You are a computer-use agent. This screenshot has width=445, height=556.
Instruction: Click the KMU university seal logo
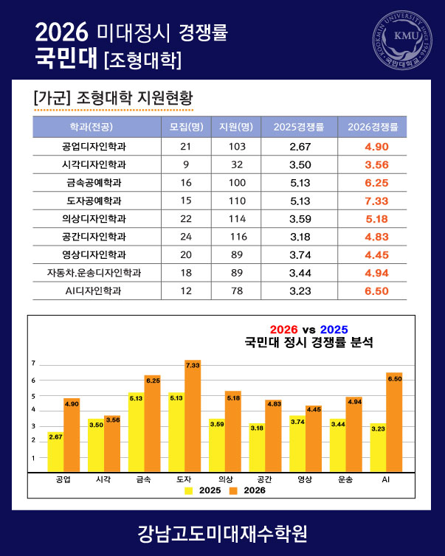pyautogui.click(x=402, y=40)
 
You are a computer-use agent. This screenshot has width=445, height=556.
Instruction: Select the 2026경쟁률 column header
pyautogui.click(x=373, y=127)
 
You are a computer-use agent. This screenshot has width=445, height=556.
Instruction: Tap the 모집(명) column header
pyautogui.click(x=186, y=127)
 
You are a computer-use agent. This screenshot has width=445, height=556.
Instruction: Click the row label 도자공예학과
pyautogui.click(x=94, y=201)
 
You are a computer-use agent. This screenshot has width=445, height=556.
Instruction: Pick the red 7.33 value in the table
pyautogui.click(x=376, y=201)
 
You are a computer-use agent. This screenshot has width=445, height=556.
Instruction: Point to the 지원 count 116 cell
pyautogui.click(x=238, y=237)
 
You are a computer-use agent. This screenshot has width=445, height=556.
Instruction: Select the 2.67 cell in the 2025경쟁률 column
pyautogui.click(x=300, y=147)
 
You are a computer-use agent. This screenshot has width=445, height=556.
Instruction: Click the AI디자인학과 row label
pyautogui.click(x=93, y=291)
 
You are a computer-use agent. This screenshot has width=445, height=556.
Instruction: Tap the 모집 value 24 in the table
pyautogui.click(x=186, y=237)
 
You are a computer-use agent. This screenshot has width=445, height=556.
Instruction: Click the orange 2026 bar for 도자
pyautogui.click(x=193, y=416)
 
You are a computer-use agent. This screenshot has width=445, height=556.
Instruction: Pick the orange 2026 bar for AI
pyautogui.click(x=394, y=423)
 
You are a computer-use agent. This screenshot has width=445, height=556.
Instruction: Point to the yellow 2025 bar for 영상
pyautogui.click(x=297, y=444)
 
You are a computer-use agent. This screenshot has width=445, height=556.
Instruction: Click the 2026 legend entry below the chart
pyautogui.click(x=247, y=490)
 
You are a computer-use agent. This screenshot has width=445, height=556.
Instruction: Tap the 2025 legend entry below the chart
pyautogui.click(x=203, y=490)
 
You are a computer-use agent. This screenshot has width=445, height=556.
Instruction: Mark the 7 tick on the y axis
pyautogui.click(x=33, y=364)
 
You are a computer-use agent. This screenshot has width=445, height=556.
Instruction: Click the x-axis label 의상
pyautogui.click(x=226, y=479)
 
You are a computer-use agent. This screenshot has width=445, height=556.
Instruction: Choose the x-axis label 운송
pyautogui.click(x=345, y=479)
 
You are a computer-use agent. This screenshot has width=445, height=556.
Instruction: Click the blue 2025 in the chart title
pyautogui.click(x=334, y=330)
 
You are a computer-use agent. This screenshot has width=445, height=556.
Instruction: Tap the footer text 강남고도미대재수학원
pyautogui.click(x=223, y=534)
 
